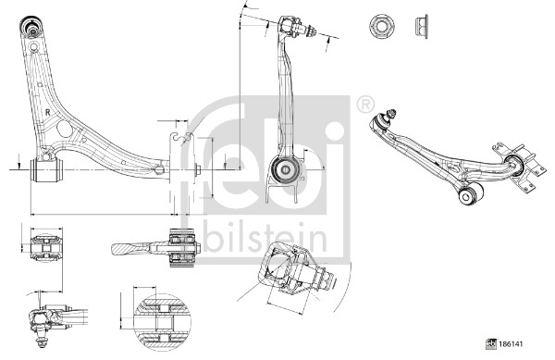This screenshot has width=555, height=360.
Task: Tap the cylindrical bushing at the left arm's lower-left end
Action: click(43, 170)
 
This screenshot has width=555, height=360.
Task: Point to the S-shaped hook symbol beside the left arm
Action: click(182, 139)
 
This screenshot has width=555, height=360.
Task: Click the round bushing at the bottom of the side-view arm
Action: click(286, 169)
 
